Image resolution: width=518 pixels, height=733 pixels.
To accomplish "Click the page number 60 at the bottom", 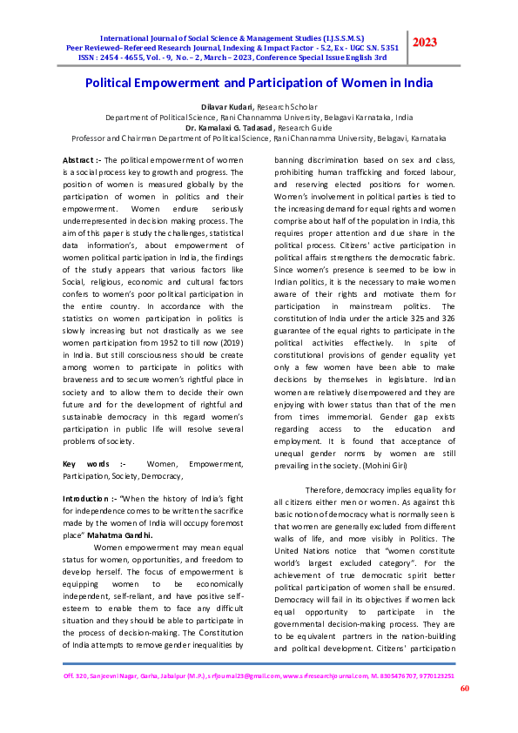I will pyautogui.click(x=464, y=688).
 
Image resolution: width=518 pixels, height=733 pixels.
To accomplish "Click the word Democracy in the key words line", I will pyautogui.click(x=161, y=476).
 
